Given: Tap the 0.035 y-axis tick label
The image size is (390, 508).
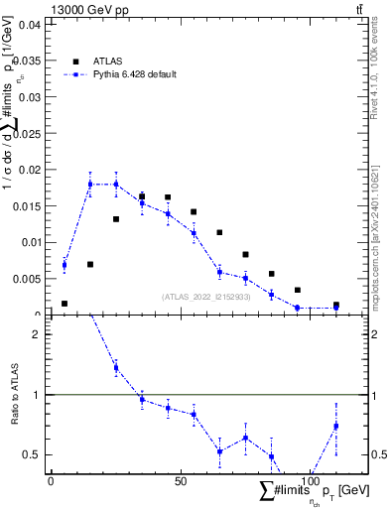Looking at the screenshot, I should click(25, 61).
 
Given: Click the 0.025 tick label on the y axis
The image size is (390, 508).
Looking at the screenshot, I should click(25, 133).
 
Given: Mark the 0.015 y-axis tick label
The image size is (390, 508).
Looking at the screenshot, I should click(25, 205).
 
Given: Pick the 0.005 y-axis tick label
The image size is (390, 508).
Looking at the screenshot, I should click(25, 278).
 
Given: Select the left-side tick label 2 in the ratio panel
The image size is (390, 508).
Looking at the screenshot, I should click(35, 334).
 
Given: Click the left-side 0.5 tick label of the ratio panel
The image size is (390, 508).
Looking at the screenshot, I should click(31, 454).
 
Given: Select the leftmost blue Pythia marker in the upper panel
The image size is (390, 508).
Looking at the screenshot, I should click(65, 265).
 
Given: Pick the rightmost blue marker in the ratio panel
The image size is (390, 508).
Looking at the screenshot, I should click(336, 426).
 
